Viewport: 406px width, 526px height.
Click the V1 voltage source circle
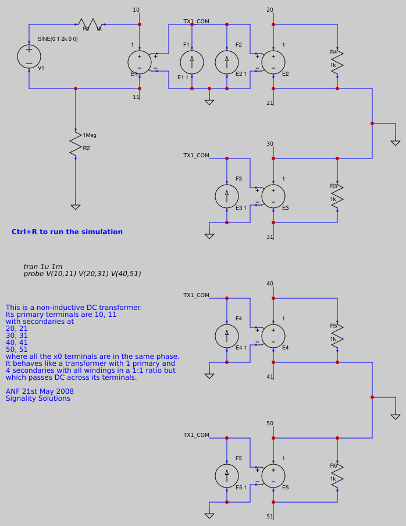[x=29, y=57]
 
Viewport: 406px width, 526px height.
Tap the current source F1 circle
[x=192, y=62]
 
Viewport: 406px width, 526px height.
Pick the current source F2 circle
[x=227, y=62]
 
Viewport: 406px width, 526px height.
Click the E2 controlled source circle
[x=273, y=62]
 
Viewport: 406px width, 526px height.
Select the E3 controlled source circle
[x=273, y=196]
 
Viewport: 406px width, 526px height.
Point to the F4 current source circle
[x=227, y=336]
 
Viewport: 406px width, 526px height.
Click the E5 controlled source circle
[x=273, y=475]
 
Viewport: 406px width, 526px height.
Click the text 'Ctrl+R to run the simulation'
[x=67, y=232]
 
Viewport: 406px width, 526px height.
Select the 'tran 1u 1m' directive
[x=43, y=267]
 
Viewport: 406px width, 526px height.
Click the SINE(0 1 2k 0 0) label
[x=58, y=39]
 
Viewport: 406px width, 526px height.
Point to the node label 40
[x=270, y=284]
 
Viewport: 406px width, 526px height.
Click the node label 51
[x=270, y=517]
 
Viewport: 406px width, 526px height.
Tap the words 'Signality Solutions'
[x=38, y=398]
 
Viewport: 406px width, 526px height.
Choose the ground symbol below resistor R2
[x=75, y=207]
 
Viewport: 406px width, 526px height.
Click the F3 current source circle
[x=227, y=196]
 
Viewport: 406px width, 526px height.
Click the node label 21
[x=270, y=103]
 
